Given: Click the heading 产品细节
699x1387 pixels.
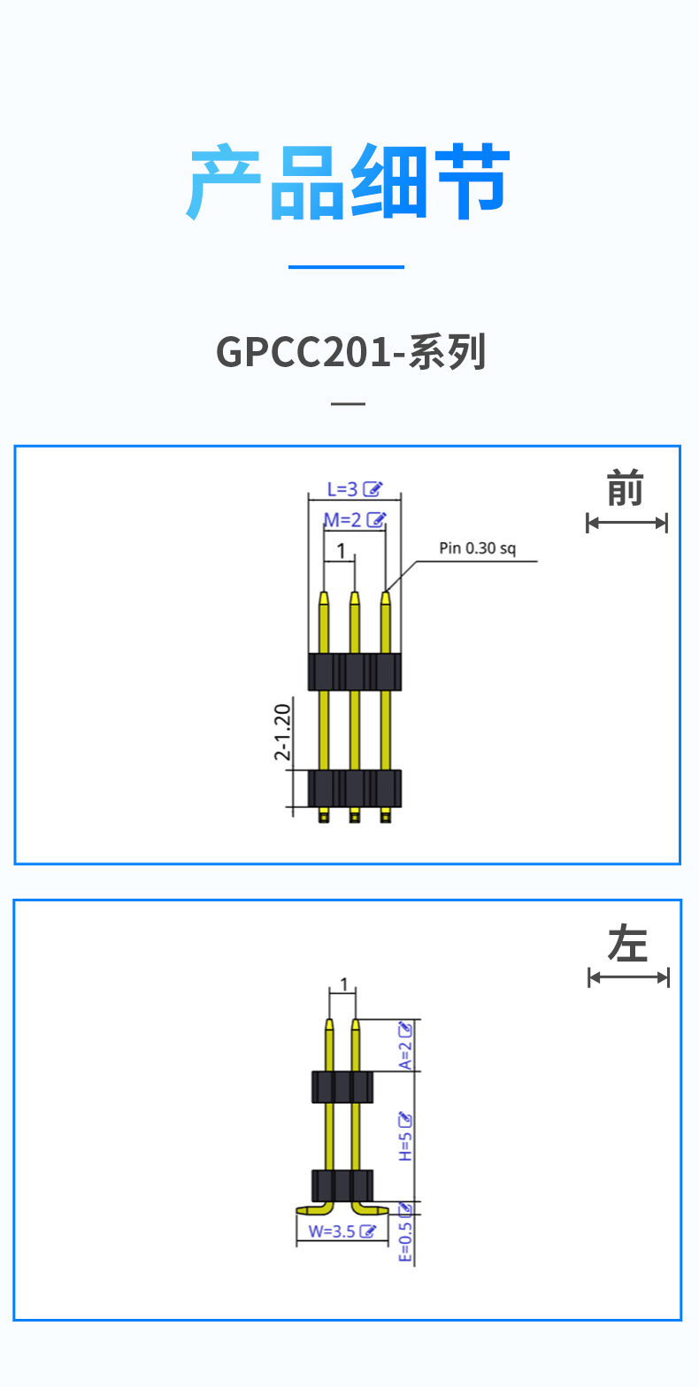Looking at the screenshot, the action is (x=349, y=183).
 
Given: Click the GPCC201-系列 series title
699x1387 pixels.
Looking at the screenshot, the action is (x=351, y=352).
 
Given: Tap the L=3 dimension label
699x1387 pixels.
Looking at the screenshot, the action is (x=342, y=489).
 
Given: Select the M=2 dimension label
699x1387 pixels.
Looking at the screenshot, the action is (x=343, y=520).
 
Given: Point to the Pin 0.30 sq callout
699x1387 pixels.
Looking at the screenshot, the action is (x=477, y=548).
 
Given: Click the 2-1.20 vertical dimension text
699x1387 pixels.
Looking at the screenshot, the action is (x=282, y=732).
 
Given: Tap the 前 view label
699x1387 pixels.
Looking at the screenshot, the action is (x=625, y=489).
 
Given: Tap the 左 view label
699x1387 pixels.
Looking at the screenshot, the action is (x=627, y=944).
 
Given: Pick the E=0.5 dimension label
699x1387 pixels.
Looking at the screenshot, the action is (x=405, y=1242).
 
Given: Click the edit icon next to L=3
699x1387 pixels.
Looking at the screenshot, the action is (x=374, y=489).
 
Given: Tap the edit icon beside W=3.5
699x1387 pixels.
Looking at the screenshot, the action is (x=369, y=1230).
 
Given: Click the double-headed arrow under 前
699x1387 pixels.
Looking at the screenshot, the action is (x=626, y=523).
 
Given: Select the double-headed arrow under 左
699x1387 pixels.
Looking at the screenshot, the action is (x=628, y=977).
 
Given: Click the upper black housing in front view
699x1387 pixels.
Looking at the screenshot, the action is (x=354, y=671).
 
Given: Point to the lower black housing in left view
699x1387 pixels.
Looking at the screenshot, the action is (x=342, y=1184).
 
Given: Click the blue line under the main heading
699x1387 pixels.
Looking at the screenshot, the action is (x=346, y=266).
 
